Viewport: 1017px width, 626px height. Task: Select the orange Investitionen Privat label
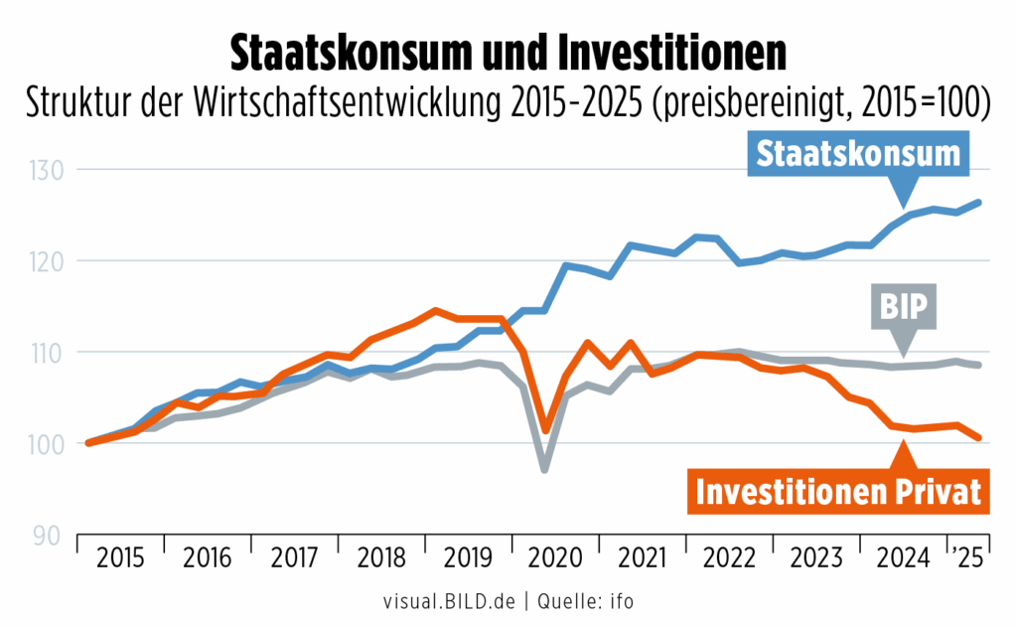click(838, 492)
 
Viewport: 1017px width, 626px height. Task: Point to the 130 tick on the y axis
click(48, 171)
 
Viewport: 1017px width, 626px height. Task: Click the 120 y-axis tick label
click(48, 261)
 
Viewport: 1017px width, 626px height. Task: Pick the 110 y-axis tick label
click(48, 353)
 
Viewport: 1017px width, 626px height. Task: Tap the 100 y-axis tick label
click(48, 444)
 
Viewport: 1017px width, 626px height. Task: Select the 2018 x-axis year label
click(382, 558)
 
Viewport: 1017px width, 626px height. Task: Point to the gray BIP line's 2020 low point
click(545, 468)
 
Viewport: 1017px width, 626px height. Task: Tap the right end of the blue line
click(979, 203)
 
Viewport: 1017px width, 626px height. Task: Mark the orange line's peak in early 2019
click(435, 311)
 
